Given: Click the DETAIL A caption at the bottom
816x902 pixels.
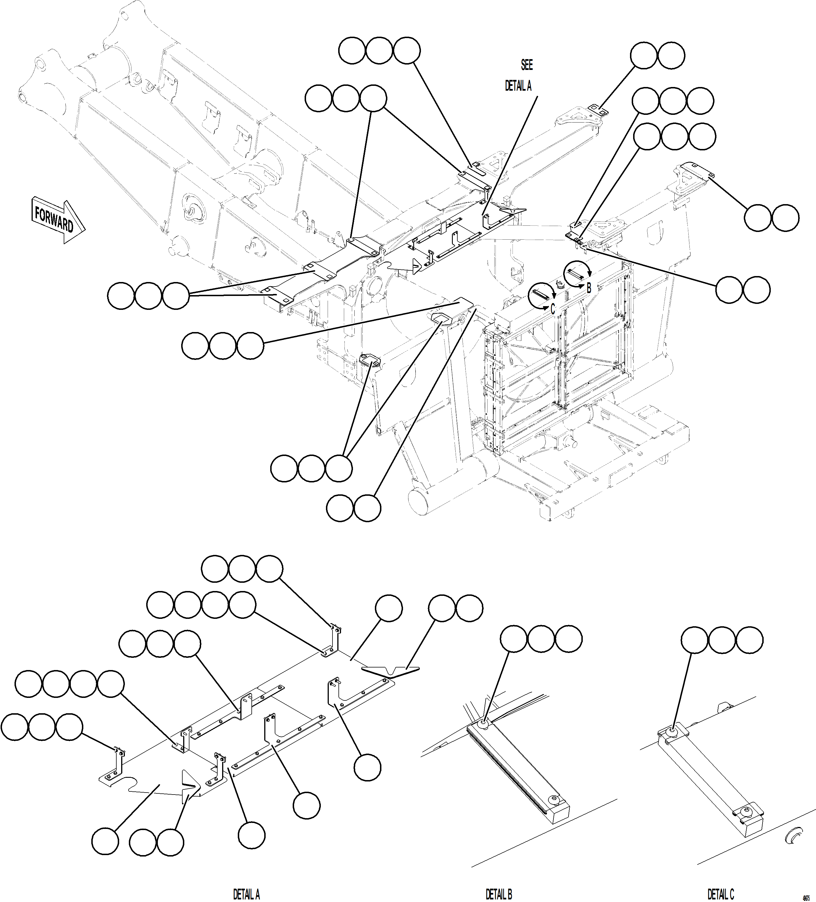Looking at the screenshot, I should pos(246,893).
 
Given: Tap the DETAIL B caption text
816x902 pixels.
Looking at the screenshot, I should pos(499,893).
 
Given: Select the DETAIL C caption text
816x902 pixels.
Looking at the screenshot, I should pos(720,893).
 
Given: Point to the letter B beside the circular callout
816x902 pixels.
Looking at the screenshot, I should pos(589,288).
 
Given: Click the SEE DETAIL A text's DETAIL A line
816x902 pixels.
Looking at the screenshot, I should pos(518,86).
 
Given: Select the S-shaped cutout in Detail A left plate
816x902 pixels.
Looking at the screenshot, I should pos(143,785).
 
